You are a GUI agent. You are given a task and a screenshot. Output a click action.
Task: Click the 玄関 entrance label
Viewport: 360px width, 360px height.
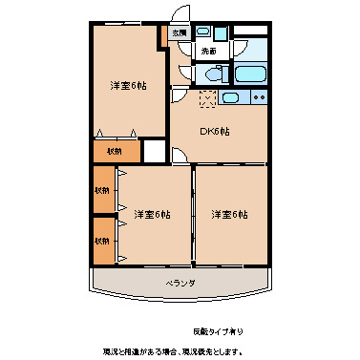click(180, 32)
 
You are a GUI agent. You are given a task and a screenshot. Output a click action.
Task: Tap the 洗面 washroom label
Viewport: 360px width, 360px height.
click(207, 50)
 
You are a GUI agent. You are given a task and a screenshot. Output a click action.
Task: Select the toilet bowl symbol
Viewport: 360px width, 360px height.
click(212, 74)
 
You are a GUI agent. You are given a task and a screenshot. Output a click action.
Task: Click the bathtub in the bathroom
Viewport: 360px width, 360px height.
click(250, 74)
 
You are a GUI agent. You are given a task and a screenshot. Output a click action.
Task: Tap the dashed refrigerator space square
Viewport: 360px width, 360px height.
click(207, 97)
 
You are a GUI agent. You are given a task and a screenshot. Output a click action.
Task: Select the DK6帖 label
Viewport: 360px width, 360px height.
click(215, 132)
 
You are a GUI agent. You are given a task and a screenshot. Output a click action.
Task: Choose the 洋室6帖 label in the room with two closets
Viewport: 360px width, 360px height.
click(151, 214)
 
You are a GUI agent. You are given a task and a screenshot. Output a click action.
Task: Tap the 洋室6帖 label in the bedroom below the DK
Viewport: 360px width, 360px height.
click(229, 214)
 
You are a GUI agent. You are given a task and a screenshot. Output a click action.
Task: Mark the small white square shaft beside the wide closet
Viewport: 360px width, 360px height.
click(153, 151)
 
